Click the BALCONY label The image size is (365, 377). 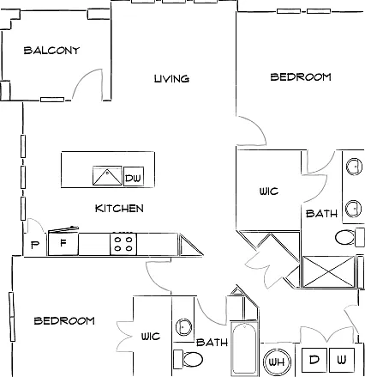tap(51, 51)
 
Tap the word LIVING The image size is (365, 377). tap(171, 79)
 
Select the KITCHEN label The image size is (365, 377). tap(119, 209)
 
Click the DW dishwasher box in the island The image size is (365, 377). tap(134, 177)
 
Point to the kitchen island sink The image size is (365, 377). tap(107, 175)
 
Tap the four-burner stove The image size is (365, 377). tap(123, 244)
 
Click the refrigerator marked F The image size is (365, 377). tap(63, 244)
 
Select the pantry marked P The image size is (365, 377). tap(35, 245)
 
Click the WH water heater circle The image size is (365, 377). tap(277, 362)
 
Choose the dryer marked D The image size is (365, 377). tap(314, 360)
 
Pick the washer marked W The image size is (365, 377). tap(342, 360)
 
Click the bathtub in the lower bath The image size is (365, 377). tap(244, 349)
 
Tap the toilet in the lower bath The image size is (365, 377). tap(188, 358)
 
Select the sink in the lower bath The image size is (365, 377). tap(183, 326)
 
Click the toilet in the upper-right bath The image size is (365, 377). tap(350, 237)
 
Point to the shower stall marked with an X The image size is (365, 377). tap(328, 271)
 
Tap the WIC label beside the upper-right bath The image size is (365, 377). tap(269, 192)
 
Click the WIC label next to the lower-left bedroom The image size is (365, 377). tap(151, 337)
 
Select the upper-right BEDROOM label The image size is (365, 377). tap(301, 77)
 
